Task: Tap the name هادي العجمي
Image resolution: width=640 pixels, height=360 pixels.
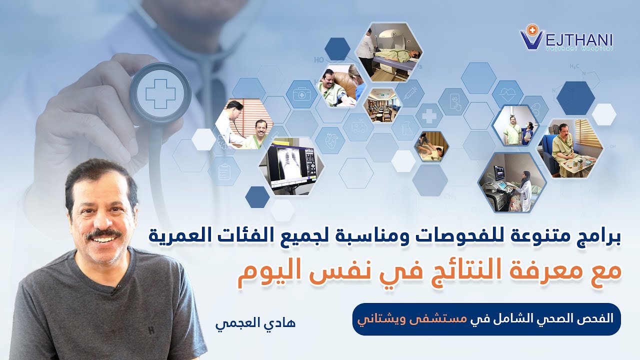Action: (x=255, y=323)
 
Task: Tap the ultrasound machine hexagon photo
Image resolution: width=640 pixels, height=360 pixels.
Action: (x=511, y=182)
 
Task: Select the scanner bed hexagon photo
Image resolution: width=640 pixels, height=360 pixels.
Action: (x=388, y=52)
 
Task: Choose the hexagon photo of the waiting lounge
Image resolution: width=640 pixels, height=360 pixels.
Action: (x=382, y=104)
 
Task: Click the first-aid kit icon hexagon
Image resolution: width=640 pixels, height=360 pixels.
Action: (x=301, y=94)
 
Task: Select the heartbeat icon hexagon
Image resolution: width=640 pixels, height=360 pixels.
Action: (x=507, y=93)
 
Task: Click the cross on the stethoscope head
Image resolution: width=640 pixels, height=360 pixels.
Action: (x=160, y=94)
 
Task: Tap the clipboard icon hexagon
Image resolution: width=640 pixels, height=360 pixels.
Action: (x=224, y=171)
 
